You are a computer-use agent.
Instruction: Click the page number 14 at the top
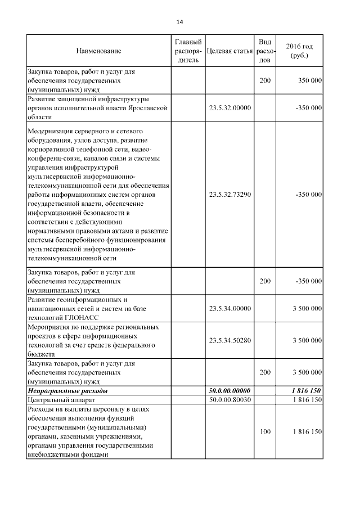(x=179, y=22)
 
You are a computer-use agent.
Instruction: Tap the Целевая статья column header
(x=229, y=51)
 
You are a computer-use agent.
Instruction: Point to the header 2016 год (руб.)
(x=299, y=51)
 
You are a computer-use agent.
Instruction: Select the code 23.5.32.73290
(x=229, y=195)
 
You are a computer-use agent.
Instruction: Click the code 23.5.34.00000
(x=229, y=309)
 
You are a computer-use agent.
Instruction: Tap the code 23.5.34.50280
(x=229, y=340)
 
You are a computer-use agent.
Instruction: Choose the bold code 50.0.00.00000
(x=229, y=390)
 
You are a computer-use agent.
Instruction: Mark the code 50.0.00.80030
(x=229, y=399)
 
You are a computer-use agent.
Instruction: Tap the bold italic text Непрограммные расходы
(x=68, y=390)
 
